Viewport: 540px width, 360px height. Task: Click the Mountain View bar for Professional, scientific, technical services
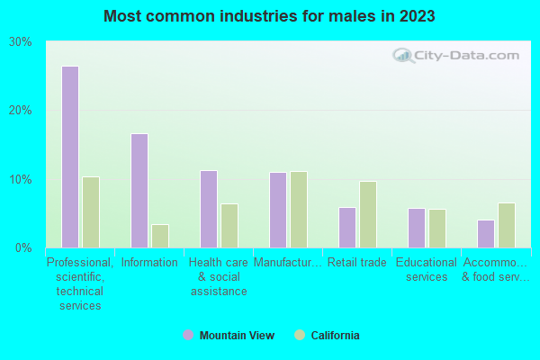point(70,157)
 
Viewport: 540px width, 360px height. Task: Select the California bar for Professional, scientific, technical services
point(91,211)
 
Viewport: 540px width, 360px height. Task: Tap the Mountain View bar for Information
point(139,190)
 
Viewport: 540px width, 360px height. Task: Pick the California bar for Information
point(160,236)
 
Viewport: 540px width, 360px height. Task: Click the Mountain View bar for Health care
point(209,209)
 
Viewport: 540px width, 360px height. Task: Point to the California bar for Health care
point(229,225)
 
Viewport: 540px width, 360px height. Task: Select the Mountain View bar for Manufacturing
point(278,210)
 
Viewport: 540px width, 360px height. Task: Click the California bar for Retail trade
point(368,214)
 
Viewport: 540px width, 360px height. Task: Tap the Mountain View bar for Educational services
point(417,228)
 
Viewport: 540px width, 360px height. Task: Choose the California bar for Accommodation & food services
point(507,225)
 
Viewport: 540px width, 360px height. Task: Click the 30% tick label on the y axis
point(20,42)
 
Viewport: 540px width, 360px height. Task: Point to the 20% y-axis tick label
point(20,111)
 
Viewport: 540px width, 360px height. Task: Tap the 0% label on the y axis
point(23,247)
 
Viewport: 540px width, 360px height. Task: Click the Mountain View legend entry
point(229,336)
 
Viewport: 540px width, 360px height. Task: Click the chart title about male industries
point(269,16)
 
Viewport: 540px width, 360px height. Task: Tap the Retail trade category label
point(357,263)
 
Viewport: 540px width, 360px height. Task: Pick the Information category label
point(149,263)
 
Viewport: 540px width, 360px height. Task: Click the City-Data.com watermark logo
point(456,56)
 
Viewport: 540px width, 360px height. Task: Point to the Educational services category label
point(427,270)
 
